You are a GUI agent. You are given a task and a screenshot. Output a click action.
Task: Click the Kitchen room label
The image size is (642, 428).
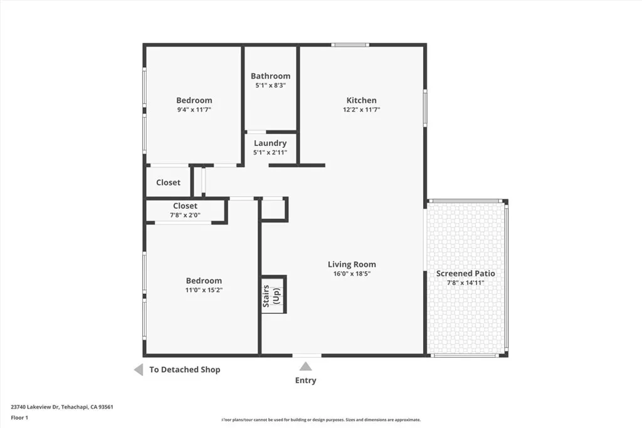coord(362,100)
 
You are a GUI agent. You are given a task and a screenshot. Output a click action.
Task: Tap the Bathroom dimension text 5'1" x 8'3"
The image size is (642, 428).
coord(270,86)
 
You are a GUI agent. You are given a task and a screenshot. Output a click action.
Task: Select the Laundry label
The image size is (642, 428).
coord(270,143)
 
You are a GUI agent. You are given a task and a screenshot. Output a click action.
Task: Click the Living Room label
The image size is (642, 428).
coord(352,264)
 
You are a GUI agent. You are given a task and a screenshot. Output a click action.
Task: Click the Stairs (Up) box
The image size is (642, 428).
coord(274,295)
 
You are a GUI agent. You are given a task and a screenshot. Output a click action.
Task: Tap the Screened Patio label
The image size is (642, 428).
coord(466,273)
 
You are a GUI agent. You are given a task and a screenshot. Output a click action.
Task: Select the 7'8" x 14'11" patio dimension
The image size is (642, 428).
coord(466,283)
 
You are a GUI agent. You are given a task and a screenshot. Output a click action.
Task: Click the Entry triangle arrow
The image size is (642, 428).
coord(305,367)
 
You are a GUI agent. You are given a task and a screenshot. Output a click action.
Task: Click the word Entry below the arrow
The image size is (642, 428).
coord(306,380)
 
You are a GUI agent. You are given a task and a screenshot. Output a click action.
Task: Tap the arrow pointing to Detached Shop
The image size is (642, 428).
coord(139,370)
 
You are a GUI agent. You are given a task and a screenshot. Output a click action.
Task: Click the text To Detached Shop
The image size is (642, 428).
coord(184,370)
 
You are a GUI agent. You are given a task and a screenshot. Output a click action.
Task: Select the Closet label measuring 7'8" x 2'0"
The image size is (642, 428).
coord(185,206)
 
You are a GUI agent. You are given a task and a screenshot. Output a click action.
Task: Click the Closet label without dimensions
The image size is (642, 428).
coord(168,182)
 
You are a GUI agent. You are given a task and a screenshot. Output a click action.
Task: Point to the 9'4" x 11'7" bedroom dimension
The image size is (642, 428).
coord(194,110)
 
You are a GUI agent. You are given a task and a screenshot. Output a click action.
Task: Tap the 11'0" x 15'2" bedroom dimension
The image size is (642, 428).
coord(204,290)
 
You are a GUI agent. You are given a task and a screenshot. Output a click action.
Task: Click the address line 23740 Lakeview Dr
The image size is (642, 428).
coord(62,407)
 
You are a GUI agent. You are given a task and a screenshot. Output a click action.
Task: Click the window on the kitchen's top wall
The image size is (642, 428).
coord(350,44)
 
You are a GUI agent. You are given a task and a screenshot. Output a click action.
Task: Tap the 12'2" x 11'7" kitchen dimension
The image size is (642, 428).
coord(362,110)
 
